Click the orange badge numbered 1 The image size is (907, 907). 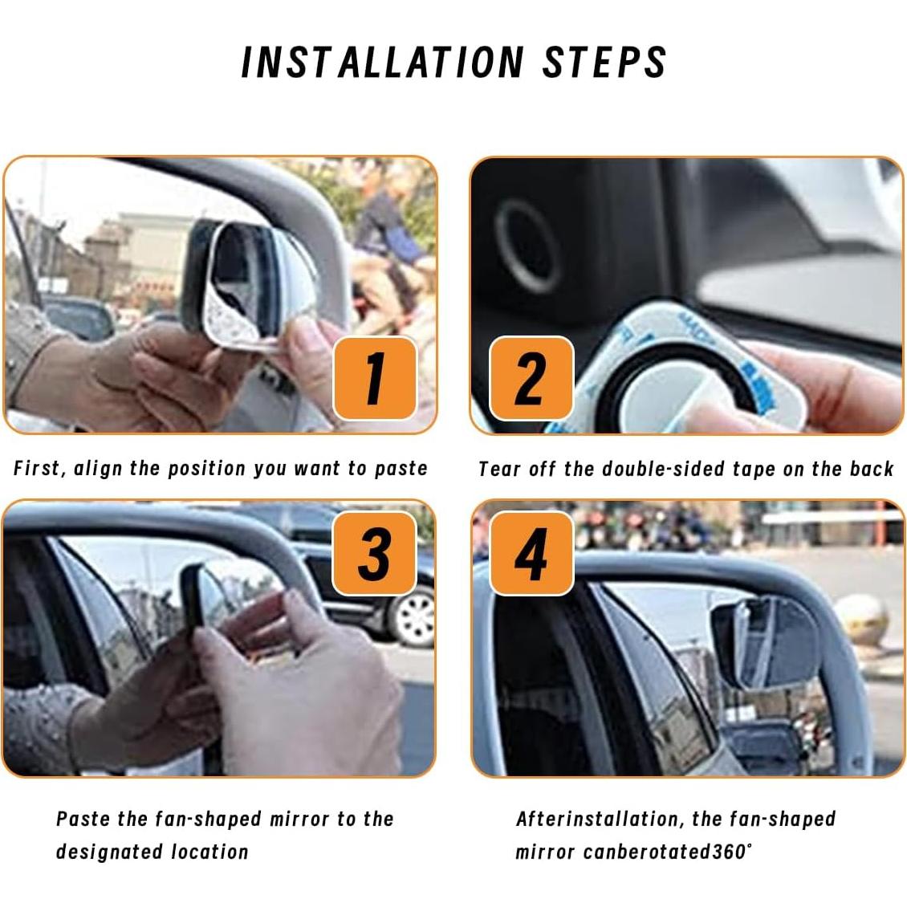coord(375,378)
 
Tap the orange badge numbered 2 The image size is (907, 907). coord(531,378)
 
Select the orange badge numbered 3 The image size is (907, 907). coord(375,553)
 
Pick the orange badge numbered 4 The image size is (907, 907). coord(531,553)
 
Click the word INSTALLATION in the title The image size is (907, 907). coord(383,63)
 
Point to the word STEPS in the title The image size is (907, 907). coord(604,63)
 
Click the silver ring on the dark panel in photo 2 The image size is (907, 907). coord(527,246)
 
